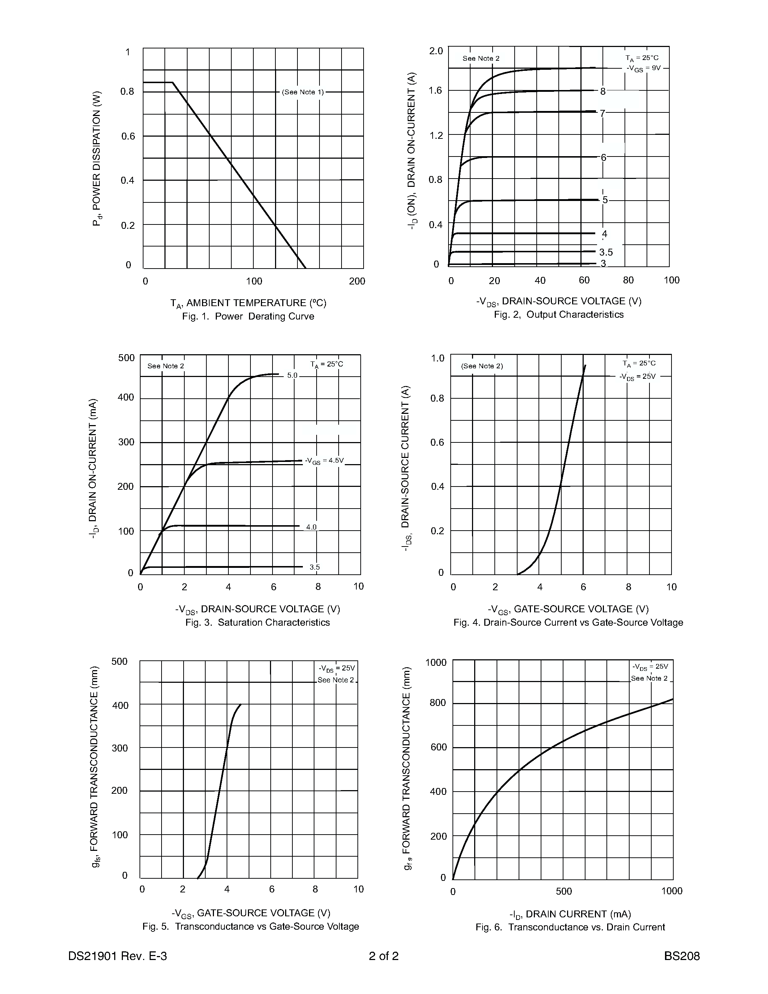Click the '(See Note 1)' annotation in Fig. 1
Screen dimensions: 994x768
click(x=303, y=92)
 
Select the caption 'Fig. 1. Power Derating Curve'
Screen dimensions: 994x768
click(x=248, y=316)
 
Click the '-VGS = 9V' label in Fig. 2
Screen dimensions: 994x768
click(x=643, y=69)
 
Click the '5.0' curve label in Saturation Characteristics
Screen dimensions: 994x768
click(x=292, y=376)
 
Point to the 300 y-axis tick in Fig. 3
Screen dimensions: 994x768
click(x=126, y=442)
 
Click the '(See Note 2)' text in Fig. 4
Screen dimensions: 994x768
click(x=482, y=366)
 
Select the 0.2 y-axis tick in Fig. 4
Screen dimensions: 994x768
click(x=437, y=531)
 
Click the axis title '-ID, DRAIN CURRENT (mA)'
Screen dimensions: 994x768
click(x=570, y=914)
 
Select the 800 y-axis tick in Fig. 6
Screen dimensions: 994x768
click(x=438, y=703)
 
